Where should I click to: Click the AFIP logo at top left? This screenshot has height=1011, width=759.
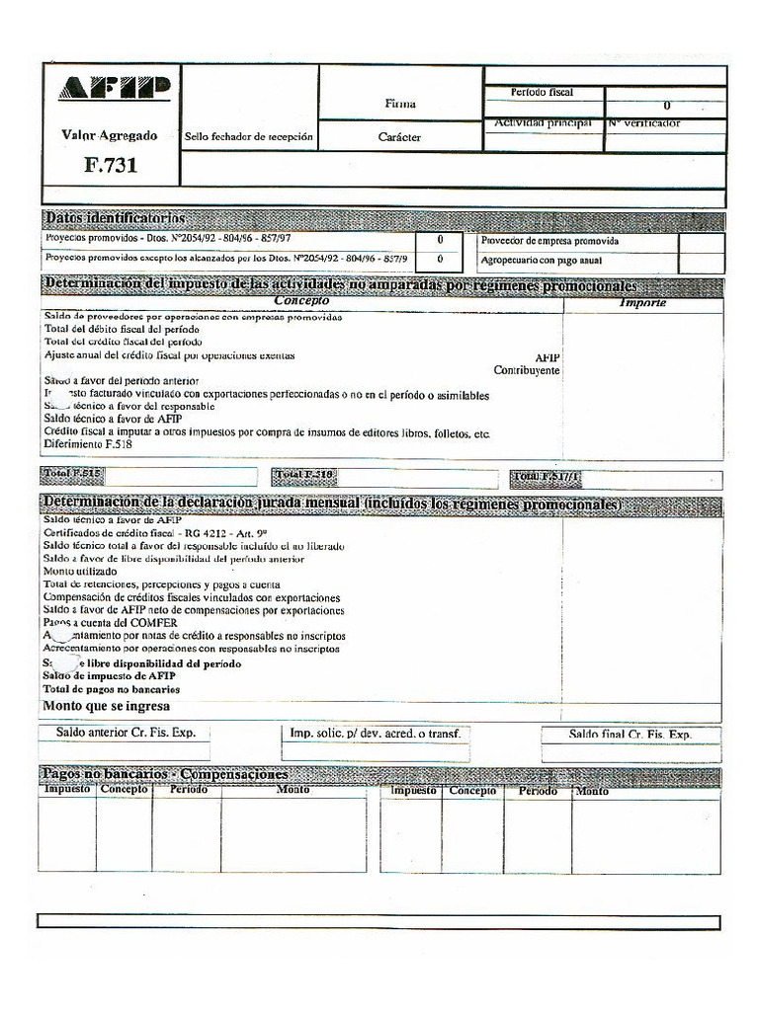coord(112,87)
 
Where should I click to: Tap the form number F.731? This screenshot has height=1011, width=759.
coord(110,165)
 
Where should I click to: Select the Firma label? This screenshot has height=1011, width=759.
coord(400,104)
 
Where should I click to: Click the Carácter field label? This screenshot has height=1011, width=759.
coord(399,137)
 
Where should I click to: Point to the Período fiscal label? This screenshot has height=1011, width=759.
coord(542,93)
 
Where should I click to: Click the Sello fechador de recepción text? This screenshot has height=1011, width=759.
coord(249,137)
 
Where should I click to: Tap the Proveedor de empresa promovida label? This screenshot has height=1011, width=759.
coord(549,241)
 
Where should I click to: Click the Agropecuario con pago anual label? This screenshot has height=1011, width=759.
coord(542,261)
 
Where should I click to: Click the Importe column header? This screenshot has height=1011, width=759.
coord(642,302)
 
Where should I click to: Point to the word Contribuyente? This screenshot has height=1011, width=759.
coord(527,370)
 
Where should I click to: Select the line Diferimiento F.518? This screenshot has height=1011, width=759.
coord(88,444)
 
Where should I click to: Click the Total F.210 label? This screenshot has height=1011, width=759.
coord(305,476)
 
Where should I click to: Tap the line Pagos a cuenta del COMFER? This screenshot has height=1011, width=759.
coord(111,624)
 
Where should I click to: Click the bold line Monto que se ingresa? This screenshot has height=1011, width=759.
coord(106,707)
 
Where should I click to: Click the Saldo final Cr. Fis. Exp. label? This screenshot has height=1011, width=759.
coord(630,736)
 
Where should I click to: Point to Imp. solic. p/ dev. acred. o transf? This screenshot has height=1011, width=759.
coord(375,734)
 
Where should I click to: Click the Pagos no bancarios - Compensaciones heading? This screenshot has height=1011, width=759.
coord(165,775)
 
